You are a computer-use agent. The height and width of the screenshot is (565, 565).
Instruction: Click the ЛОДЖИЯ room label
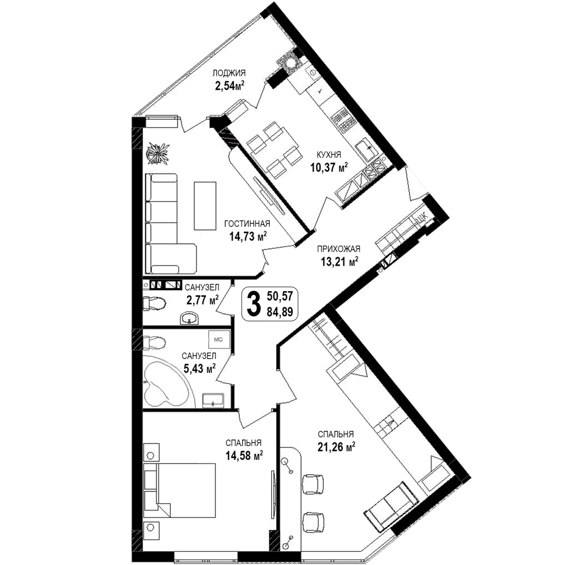tap(229, 73)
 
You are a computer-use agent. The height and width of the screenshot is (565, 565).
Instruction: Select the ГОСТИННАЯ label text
tap(247, 224)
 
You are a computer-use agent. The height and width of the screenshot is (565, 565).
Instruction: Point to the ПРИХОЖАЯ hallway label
tap(338, 249)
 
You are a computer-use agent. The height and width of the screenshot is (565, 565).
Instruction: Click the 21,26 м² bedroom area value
tap(336, 447)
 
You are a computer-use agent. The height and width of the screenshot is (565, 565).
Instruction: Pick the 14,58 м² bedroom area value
tap(244, 456)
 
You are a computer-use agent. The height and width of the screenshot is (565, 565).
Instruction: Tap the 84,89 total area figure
tap(280, 311)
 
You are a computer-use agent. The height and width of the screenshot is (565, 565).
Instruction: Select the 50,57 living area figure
tap(280, 296)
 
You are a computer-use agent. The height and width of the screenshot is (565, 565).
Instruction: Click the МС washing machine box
tap(218, 340)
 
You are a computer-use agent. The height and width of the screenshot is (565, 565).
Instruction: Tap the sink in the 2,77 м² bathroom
tap(188, 318)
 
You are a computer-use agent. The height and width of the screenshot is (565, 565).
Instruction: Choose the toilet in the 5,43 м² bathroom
tap(155, 343)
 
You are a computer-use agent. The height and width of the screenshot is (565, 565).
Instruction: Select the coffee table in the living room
tap(205, 205)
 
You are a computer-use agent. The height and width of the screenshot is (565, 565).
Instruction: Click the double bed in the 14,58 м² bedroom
tap(179, 491)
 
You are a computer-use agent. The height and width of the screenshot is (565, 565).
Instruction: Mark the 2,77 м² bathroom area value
tap(202, 299)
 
